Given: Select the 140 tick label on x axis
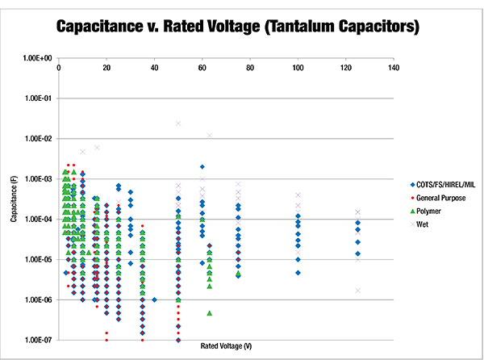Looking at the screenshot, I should point(393,68).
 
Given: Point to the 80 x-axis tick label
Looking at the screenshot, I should point(250,68).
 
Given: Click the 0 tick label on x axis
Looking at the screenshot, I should point(59,68).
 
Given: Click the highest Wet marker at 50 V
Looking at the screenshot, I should point(178,123).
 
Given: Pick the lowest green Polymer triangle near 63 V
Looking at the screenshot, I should point(210,312).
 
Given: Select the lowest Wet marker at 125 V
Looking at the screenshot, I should point(357,291).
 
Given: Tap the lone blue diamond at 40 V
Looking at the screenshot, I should point(154,299).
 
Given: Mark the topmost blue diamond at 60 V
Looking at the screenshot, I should point(202,167).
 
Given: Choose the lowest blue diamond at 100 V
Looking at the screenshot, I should point(298,273).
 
